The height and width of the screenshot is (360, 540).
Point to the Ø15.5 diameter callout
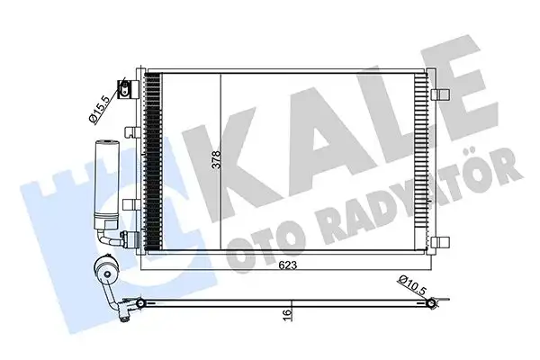click(100, 108)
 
